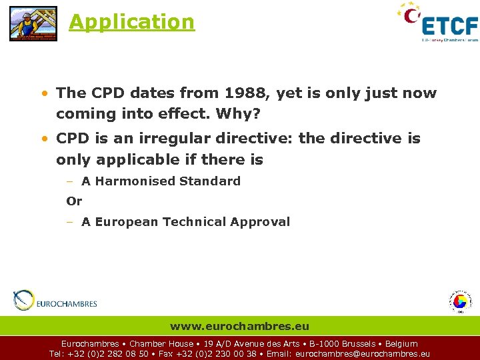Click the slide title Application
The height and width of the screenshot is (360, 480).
tap(131, 22)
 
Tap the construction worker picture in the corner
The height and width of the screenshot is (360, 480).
tap(33, 23)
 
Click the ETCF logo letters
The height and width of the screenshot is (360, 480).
tap(450, 26)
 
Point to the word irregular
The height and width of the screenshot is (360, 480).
tap(164, 139)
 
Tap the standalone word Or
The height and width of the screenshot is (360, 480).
tap(74, 201)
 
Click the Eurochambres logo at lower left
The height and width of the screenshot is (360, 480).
tap(55, 301)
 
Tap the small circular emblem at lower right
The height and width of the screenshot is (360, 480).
tap(459, 301)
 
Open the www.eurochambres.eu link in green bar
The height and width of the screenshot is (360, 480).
tap(239, 326)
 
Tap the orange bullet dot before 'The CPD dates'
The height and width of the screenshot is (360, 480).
tap(44, 94)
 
